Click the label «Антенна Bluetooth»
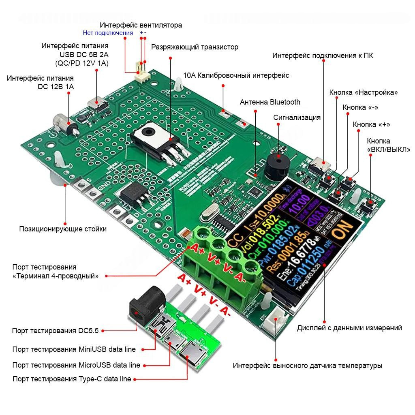click(x=270, y=102)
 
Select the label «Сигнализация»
click(x=297, y=118)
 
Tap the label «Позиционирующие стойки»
click(x=63, y=229)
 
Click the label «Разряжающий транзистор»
click(x=195, y=47)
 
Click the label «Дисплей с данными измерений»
click(x=349, y=328)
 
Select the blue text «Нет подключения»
click(x=108, y=33)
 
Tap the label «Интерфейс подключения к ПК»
click(x=323, y=56)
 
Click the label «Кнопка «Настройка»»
click(x=364, y=92)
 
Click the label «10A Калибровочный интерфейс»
click(x=236, y=75)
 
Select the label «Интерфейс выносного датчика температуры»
click(x=307, y=366)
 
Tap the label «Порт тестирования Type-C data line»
click(x=72, y=379)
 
